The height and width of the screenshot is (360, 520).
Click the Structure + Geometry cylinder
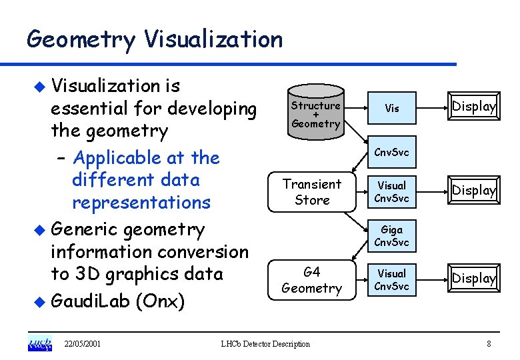click(315, 114)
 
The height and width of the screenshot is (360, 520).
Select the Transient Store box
click(312, 191)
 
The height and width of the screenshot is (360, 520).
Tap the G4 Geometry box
click(311, 280)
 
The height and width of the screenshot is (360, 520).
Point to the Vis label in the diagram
click(392, 108)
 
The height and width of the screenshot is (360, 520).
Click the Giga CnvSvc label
click(391, 236)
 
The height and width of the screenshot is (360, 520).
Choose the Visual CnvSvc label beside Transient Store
click(391, 191)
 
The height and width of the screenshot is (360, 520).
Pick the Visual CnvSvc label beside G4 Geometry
click(391, 280)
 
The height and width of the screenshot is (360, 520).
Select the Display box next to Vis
click(474, 107)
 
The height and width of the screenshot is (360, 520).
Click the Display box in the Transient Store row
click(474, 191)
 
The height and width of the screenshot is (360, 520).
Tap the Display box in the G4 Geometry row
click(474, 278)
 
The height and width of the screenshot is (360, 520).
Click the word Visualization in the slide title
click(213, 40)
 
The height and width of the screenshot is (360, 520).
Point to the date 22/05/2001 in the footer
click(82, 344)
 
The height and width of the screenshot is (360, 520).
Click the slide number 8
click(489, 344)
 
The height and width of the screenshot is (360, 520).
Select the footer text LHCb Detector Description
click(265, 344)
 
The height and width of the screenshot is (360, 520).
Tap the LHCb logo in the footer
click(39, 343)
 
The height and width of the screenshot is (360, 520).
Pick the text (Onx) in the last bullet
click(159, 301)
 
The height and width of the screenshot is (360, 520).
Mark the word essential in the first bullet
click(89, 108)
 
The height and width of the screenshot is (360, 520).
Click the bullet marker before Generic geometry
click(40, 231)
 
